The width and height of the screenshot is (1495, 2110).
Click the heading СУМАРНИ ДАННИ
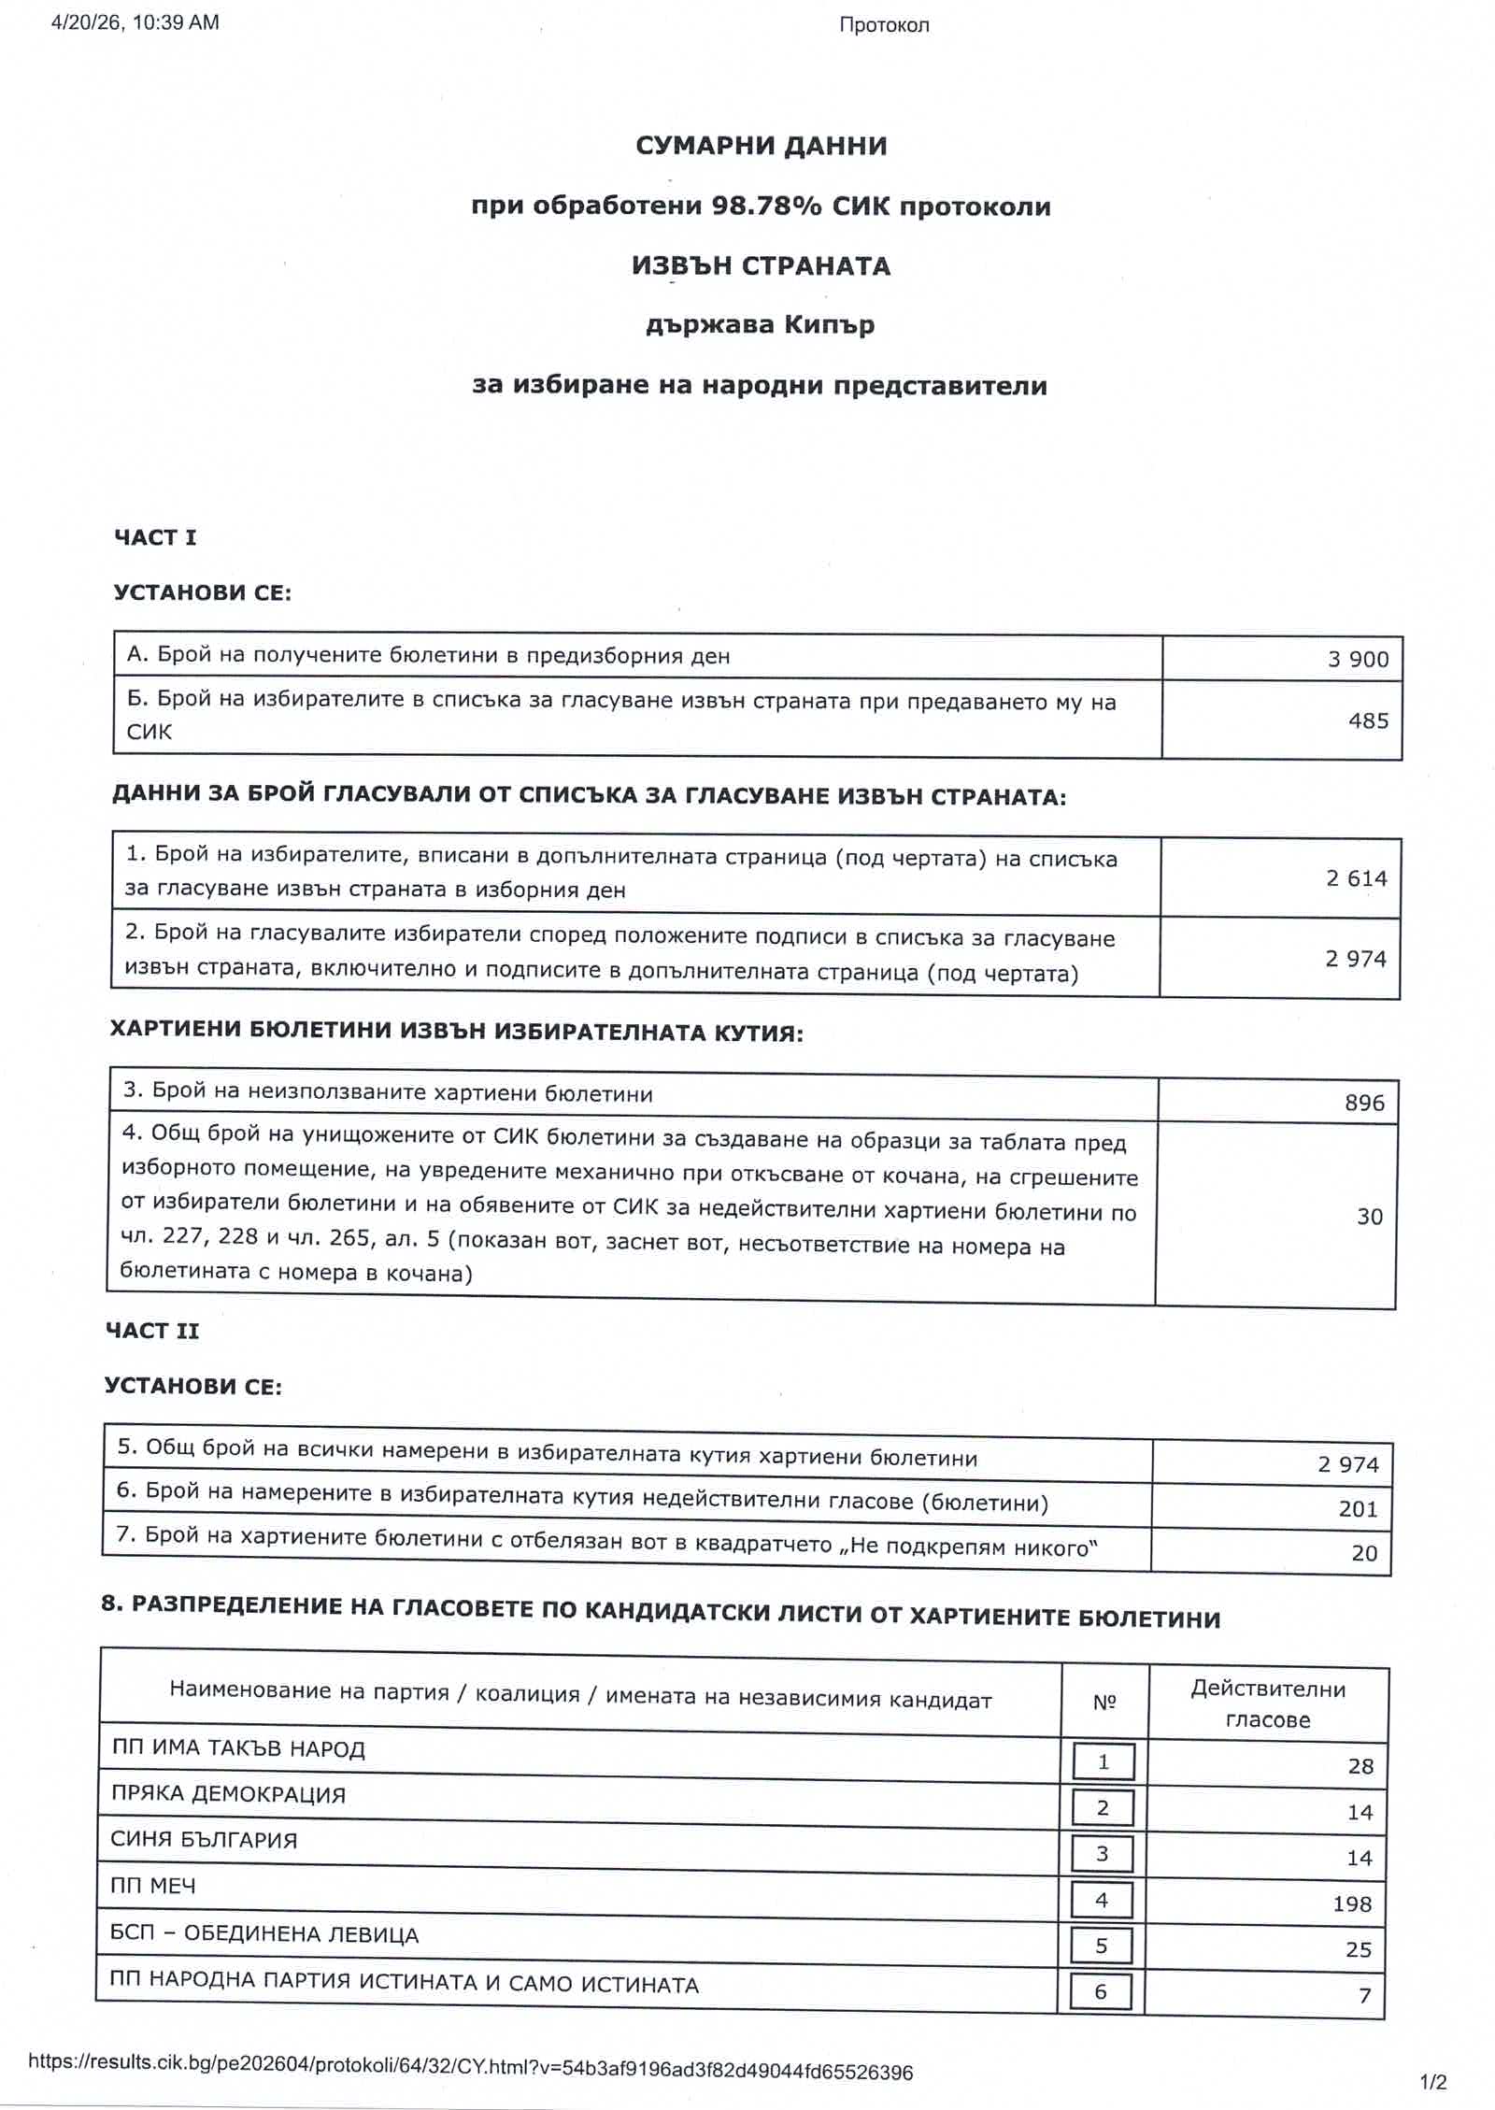(x=761, y=146)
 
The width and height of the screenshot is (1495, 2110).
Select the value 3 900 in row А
(x=1358, y=659)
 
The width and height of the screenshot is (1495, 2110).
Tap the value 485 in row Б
(x=1368, y=720)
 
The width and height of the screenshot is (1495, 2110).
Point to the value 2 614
(x=1356, y=878)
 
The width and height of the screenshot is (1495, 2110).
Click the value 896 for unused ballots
(x=1364, y=1103)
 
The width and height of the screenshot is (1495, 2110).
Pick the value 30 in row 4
(x=1369, y=1216)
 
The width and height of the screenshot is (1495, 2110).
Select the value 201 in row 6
(x=1358, y=1509)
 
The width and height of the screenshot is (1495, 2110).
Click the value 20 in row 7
(x=1364, y=1553)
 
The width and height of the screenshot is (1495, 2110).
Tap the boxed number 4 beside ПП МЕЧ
(x=1102, y=1900)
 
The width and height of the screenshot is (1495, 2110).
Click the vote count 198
(x=1351, y=1903)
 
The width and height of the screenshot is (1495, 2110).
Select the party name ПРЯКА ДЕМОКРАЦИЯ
(x=228, y=1794)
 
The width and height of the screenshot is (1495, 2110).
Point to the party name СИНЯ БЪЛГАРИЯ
(x=204, y=1840)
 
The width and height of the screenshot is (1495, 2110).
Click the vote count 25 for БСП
(x=1358, y=1949)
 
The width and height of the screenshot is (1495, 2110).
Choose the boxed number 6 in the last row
(x=1100, y=1991)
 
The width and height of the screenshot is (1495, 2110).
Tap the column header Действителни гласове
(x=1267, y=1704)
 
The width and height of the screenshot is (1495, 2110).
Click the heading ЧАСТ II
(x=152, y=1331)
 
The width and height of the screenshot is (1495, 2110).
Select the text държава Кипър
(x=760, y=325)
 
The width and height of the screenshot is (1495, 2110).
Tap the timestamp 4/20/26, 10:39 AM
(x=135, y=23)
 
